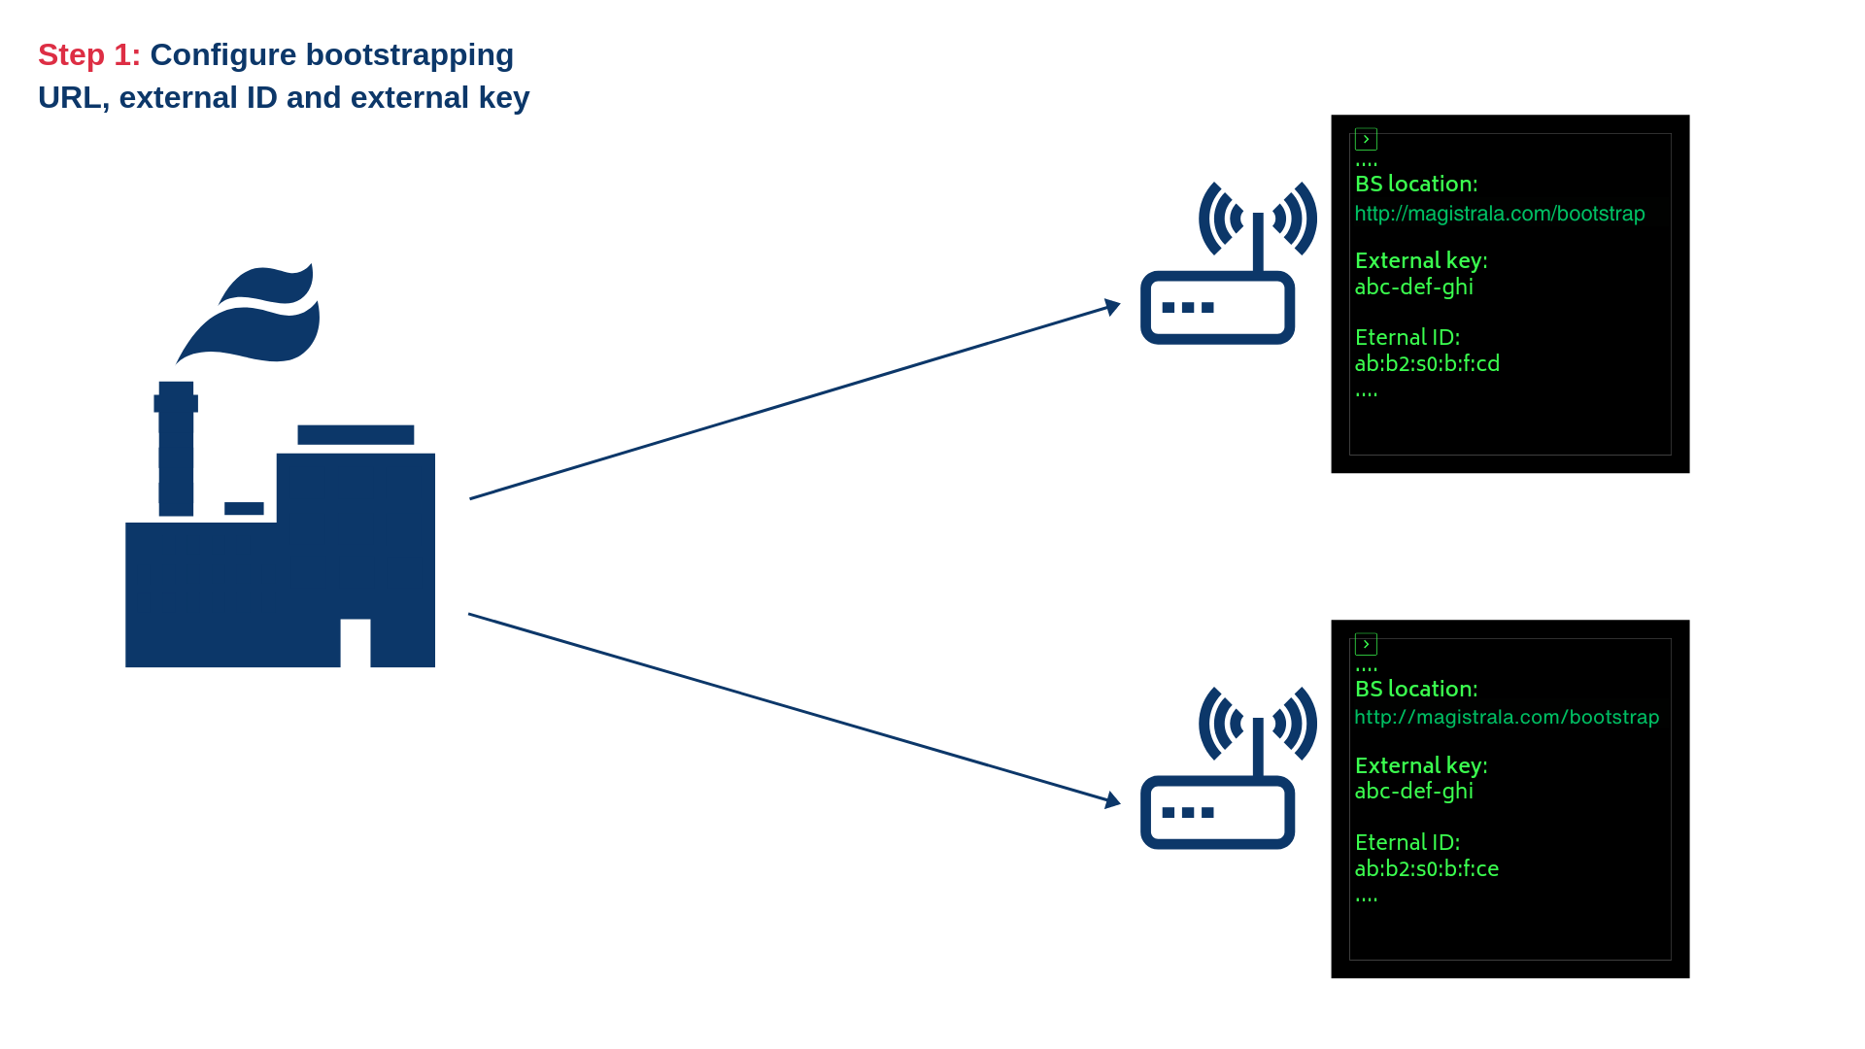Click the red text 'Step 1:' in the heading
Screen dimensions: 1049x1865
[88, 55]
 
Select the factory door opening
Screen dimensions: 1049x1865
[356, 643]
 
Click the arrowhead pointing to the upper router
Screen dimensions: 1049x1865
[1113, 307]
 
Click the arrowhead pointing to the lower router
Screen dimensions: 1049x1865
[1113, 800]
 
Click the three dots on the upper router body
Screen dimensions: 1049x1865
[1188, 308]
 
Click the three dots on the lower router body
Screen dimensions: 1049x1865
[1188, 813]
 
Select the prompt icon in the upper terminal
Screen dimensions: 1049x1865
[1366, 140]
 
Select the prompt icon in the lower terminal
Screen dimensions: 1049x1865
[1366, 645]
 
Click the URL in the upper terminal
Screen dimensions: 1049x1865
[1499, 214]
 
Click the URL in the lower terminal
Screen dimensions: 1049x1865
[1506, 718]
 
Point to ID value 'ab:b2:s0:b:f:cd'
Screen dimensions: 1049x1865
[1427, 364]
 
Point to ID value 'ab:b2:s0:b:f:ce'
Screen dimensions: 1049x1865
[1426, 869]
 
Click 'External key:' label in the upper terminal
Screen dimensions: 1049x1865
[1420, 261]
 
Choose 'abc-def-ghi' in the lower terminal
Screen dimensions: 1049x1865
[1413, 792]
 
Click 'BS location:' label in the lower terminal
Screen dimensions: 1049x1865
[1415, 690]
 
